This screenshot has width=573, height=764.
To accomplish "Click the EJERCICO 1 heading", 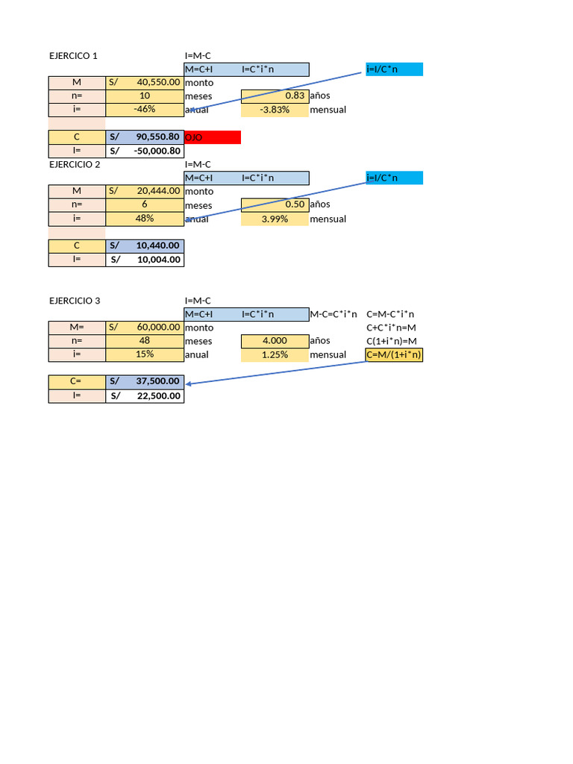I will coord(73,56).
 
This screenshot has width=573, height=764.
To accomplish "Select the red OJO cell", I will coord(213,137).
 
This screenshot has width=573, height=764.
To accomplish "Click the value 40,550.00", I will coord(158,83).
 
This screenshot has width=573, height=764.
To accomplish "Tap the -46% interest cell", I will coord(144,110).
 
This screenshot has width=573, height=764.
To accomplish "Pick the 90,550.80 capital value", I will coord(157,137).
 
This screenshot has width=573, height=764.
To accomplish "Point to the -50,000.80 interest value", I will coord(157,151).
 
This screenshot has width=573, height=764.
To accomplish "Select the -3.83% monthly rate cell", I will coord(274,110).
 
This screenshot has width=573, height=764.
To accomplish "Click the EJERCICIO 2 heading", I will coord(75,165).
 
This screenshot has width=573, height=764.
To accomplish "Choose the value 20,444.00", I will coord(158,191).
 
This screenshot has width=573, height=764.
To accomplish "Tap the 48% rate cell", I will coord(144,219).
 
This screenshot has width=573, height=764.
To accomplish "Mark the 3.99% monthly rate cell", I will coord(274,219).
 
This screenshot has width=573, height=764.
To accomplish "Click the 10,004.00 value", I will coord(158,260).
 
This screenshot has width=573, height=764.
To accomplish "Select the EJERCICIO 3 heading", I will coord(75,301).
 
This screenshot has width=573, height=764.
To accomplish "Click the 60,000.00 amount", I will coord(158,328).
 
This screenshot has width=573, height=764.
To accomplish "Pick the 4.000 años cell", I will coord(274,341).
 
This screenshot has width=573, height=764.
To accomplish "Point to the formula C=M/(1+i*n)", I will coord(394,355).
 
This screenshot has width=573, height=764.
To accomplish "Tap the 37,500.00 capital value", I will coord(158,381).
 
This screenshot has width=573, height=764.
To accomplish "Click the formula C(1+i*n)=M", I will coord(391,341).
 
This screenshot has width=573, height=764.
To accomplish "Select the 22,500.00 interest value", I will coord(158,396).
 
